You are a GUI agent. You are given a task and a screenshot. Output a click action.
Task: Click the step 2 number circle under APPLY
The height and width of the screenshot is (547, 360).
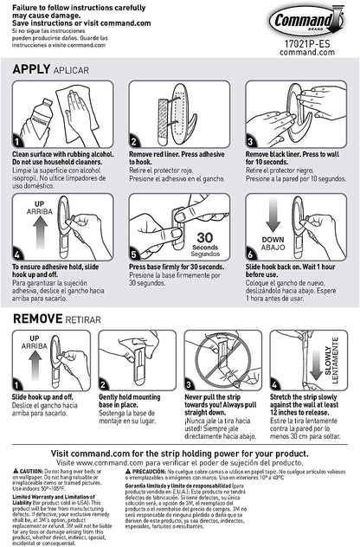coord(135,141)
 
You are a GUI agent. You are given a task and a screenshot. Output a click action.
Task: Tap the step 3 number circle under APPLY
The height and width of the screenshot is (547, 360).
coord(251,141)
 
